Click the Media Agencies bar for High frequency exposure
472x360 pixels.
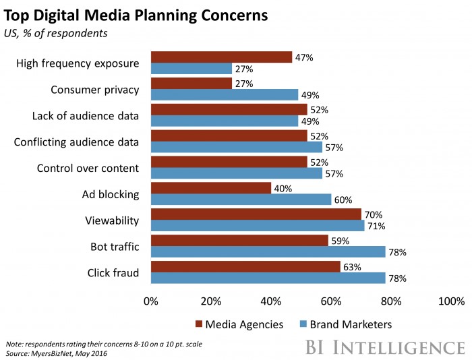pos(221,57)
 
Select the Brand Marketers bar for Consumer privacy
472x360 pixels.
pos(225,94)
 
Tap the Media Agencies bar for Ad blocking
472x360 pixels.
pos(210,188)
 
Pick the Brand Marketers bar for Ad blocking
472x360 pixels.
pos(241,200)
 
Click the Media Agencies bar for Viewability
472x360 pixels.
pos(256,214)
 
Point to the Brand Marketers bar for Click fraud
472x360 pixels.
pos(268,278)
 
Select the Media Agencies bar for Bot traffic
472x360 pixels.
pos(239,241)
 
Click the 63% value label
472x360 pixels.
pos(351,267)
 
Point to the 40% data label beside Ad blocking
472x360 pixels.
pos(282,188)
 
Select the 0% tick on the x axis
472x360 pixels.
pos(151,300)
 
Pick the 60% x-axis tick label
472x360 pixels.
pos(331,300)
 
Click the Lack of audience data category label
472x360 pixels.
pos(86,115)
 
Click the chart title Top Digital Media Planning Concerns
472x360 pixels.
pos(137,15)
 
